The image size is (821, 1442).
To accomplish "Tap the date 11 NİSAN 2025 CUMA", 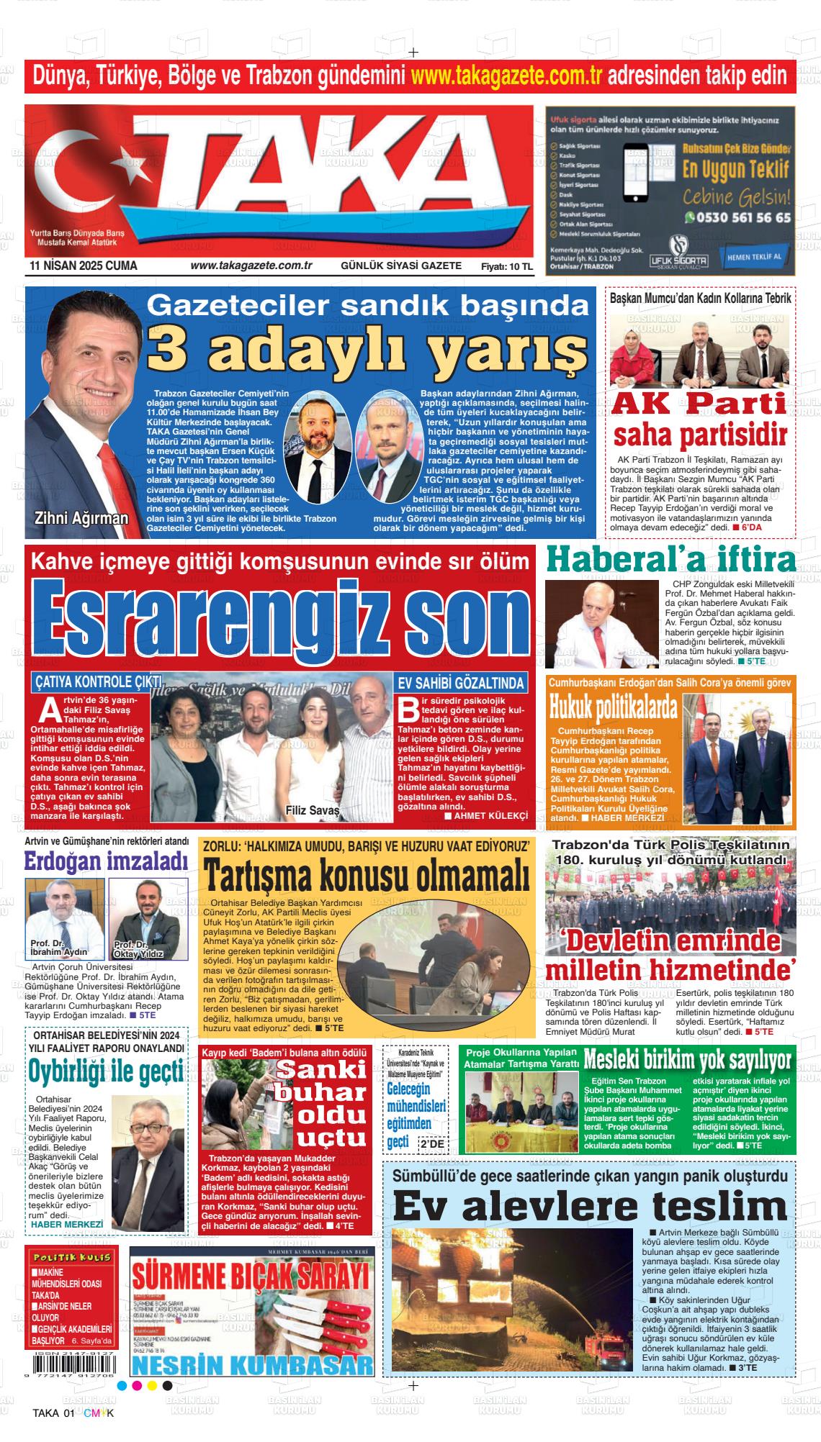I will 84,266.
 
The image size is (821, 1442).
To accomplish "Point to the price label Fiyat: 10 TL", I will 506,266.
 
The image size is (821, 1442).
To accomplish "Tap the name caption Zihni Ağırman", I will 81,518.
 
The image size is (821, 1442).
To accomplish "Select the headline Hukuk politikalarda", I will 613,707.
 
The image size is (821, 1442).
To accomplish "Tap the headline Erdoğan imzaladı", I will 106,861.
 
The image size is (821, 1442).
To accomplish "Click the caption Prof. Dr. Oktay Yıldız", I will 138,949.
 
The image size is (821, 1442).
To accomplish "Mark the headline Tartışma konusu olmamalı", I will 367,877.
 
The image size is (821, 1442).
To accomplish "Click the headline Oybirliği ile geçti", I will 107,1072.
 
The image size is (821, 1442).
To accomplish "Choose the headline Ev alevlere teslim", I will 590,1207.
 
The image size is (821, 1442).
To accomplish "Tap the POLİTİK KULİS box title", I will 71,1256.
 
